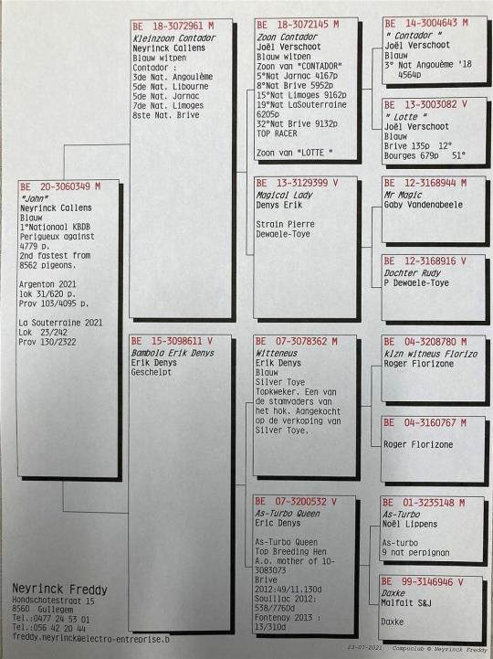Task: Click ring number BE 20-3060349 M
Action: click(x=60, y=186)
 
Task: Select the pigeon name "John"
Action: click(x=34, y=198)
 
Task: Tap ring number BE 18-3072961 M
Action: click(x=173, y=27)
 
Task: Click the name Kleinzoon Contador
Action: click(x=173, y=37)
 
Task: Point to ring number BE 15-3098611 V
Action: click(x=172, y=341)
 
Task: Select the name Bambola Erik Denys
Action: click(x=173, y=353)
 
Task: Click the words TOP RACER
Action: click(x=277, y=133)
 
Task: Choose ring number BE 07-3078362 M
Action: click(x=297, y=341)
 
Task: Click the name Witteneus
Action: click(x=277, y=353)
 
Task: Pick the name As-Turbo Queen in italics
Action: click(x=288, y=513)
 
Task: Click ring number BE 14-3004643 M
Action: click(x=425, y=23)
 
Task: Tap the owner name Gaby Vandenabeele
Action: click(x=424, y=205)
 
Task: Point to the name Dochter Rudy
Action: click(x=413, y=272)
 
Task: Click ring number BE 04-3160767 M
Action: click(x=425, y=423)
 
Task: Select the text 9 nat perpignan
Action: click(x=415, y=552)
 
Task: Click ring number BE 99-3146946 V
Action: click(x=422, y=581)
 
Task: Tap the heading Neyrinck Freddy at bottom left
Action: click(x=59, y=590)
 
